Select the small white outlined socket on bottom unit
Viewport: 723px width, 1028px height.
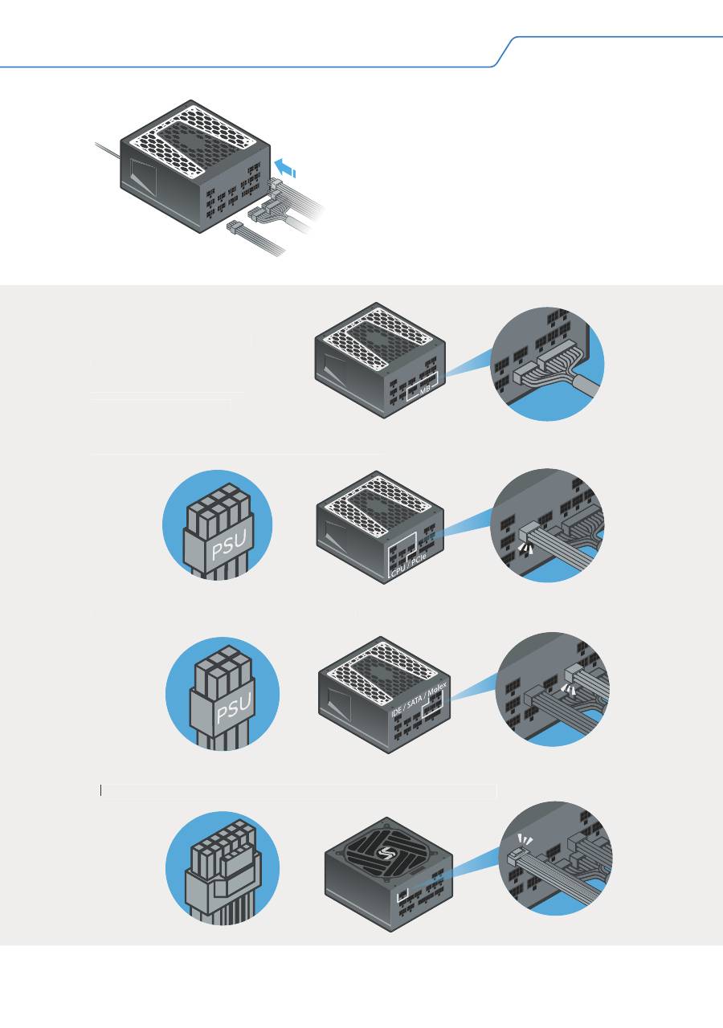click(403, 894)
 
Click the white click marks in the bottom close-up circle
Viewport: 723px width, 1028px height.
click(523, 842)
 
